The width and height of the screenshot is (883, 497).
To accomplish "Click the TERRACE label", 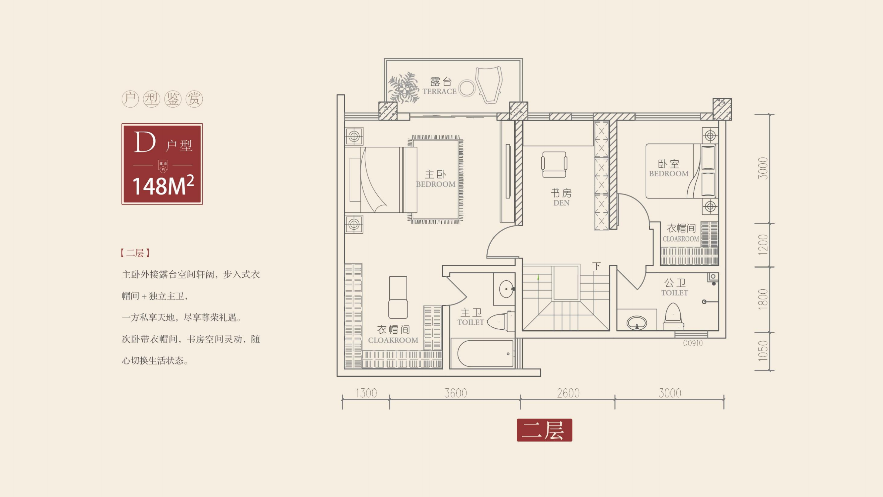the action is point(439,91).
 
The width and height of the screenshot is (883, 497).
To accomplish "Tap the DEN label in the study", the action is point(562,203).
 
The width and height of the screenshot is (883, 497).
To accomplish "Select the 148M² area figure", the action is point(163,186).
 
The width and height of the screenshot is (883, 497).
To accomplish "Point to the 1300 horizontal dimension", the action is point(366,393).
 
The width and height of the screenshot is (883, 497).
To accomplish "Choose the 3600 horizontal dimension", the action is point(456,393).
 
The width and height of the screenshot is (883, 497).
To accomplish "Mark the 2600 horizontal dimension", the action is point(568,393).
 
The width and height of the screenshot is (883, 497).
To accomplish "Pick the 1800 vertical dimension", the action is point(763,300).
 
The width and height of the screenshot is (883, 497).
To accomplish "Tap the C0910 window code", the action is point(693,343).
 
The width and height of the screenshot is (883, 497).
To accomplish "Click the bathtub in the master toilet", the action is point(485,354).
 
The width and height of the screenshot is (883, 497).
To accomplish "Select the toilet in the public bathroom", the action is point(673,316).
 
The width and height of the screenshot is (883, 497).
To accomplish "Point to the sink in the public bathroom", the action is point(637,323).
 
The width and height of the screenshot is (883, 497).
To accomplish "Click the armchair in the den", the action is point(554,165).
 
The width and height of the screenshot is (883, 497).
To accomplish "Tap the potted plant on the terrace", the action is point(404,87).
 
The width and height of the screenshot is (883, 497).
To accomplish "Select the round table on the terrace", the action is point(466,88).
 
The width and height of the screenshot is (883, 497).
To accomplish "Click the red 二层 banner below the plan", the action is point(544,430).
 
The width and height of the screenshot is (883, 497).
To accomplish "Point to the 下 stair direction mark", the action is point(596,266).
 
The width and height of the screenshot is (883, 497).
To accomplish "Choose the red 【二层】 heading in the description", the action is point(135,253).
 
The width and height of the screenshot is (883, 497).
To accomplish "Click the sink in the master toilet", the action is point(506,289).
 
